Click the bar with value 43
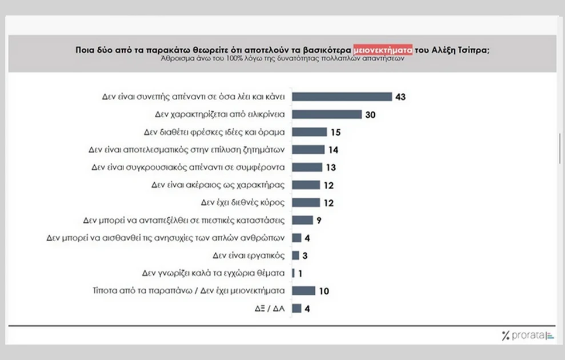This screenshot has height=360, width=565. (342, 97)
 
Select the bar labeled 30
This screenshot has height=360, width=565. (327, 114)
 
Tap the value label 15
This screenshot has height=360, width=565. (336, 132)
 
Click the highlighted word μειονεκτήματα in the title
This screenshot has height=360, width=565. (382, 49)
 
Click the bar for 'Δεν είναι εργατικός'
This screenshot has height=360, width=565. (296, 255)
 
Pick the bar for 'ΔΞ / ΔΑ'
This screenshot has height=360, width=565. (296, 309)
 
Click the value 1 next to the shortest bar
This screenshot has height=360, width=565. (300, 273)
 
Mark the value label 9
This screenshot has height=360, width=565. (320, 220)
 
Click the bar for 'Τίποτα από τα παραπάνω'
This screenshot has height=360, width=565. (303, 291)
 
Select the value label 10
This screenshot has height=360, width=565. (324, 291)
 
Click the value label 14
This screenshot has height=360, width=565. (334, 150)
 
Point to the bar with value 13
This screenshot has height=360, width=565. (307, 167)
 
